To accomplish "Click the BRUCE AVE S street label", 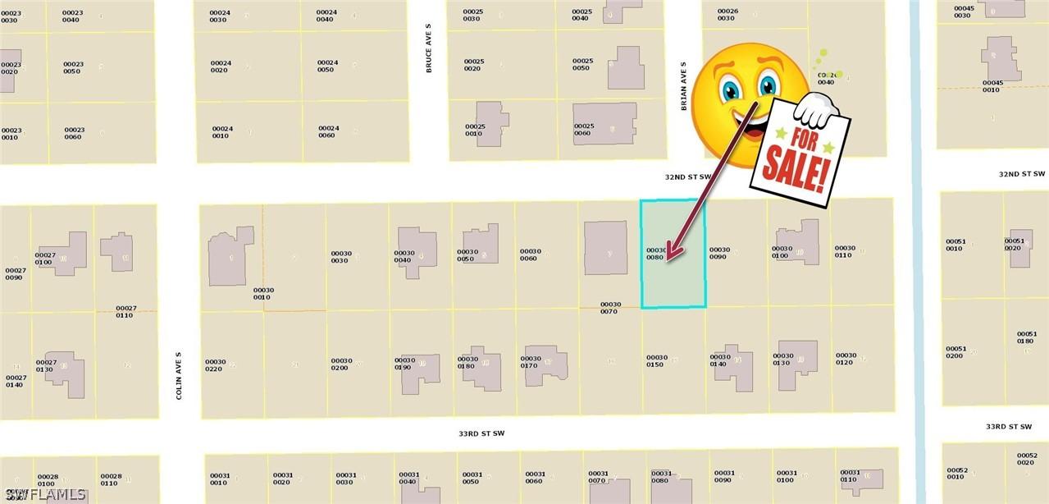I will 428,59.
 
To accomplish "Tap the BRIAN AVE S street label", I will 682,85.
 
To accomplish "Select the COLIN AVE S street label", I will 178,376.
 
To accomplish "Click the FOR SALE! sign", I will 800,152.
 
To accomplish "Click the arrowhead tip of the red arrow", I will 668,259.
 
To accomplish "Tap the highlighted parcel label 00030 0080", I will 656,254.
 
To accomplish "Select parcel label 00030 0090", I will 719,254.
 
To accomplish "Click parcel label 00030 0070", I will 610,308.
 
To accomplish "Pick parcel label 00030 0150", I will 656,361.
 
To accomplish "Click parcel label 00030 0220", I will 215,365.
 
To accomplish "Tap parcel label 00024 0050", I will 327,66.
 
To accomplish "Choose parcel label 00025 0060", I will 583,130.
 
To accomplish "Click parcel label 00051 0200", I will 956,352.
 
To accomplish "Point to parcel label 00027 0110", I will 125,312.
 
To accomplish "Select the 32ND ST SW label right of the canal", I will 1022,174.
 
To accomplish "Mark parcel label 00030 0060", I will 530,255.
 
